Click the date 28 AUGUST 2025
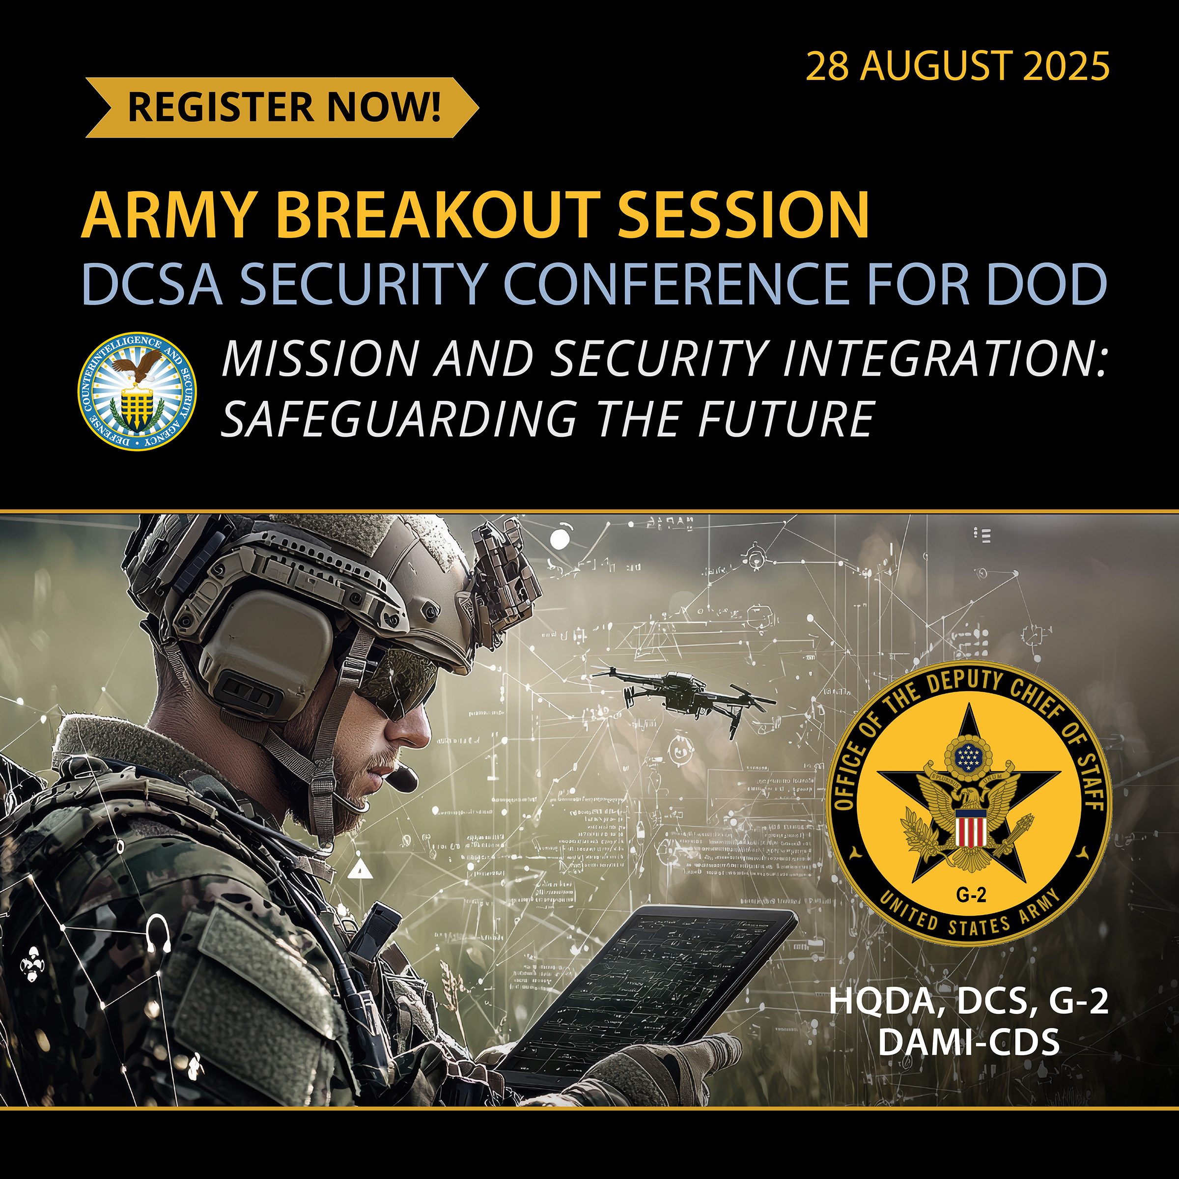(957, 66)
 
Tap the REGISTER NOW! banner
(282, 108)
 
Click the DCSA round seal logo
(138, 391)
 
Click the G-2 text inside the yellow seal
(971, 895)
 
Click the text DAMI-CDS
(968, 1042)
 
